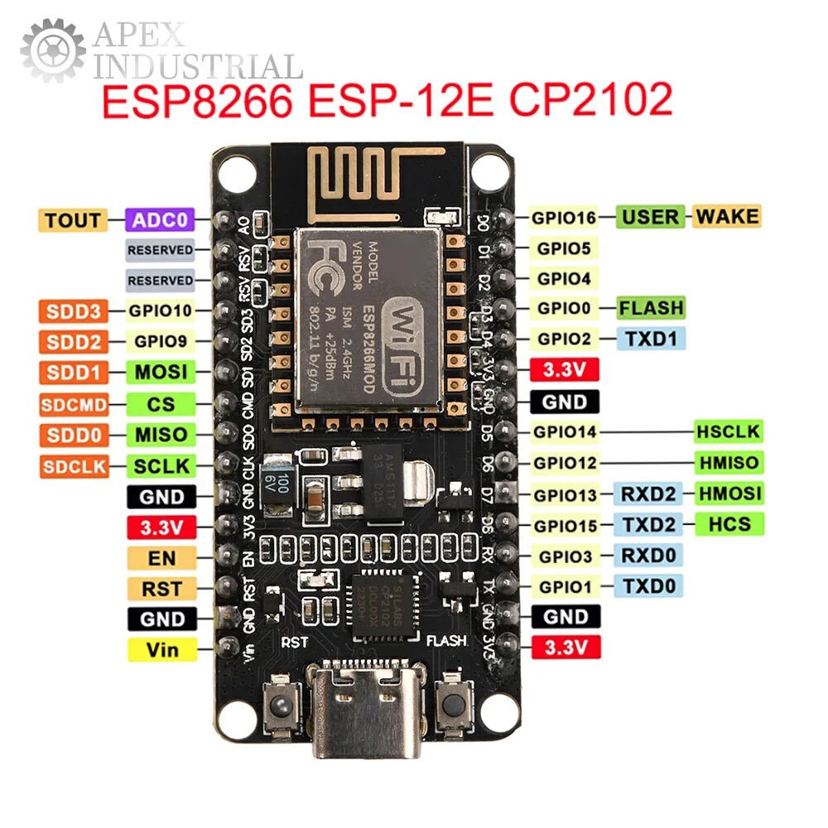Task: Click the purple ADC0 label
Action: tap(159, 220)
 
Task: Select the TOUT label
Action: tap(73, 220)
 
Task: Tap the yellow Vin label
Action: tap(162, 650)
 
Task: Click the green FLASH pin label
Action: tap(652, 308)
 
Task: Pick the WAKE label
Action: tap(726, 217)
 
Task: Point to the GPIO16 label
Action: tap(564, 218)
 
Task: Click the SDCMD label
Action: tap(74, 405)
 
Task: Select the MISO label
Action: tap(161, 434)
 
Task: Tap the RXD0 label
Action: tap(648, 555)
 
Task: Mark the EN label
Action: tap(162, 557)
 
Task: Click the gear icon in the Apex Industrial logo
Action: tap(52, 51)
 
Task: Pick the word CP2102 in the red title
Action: tap(590, 101)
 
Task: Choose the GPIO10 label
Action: tap(160, 312)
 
